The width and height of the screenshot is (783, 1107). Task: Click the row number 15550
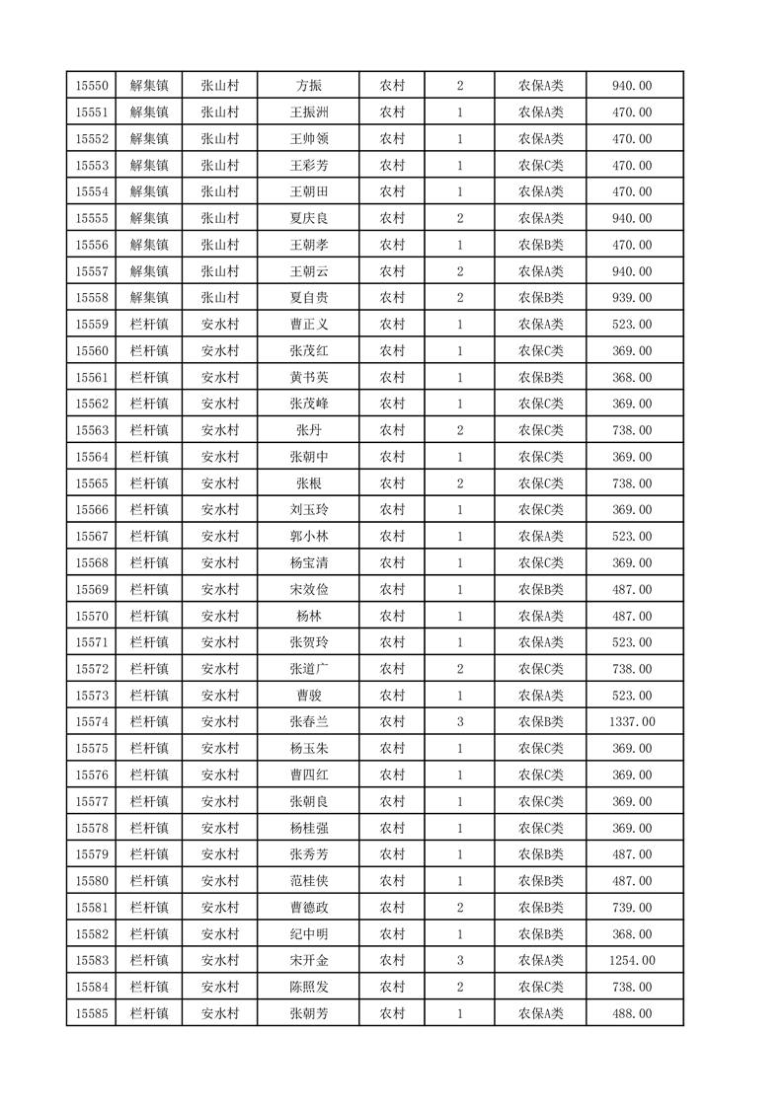click(92, 86)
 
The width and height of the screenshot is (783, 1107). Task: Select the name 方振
click(308, 86)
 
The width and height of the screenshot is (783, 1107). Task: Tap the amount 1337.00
click(632, 722)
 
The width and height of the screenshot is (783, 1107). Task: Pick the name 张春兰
click(308, 722)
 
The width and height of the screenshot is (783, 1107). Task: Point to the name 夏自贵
click(308, 298)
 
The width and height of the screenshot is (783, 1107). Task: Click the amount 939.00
click(632, 298)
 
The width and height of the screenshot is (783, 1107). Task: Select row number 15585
click(92, 1013)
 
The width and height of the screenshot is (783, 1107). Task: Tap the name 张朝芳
click(308, 1013)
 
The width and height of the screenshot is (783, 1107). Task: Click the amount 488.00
click(632, 1013)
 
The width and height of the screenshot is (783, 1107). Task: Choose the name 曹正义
click(308, 325)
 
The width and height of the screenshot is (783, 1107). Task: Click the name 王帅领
click(308, 139)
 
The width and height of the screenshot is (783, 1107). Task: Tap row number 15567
click(92, 537)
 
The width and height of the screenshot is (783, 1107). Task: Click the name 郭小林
click(308, 537)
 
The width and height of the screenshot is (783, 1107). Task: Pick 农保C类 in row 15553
click(540, 166)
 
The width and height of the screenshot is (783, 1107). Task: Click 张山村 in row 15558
click(219, 298)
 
